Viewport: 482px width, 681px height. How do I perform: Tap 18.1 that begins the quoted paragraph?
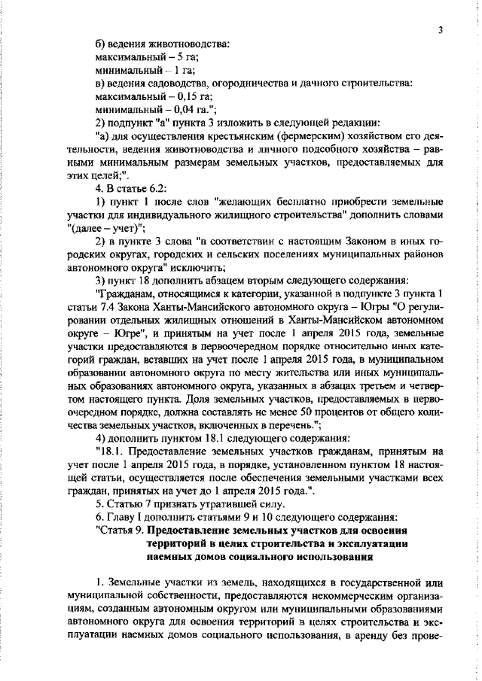[x=108, y=452]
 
